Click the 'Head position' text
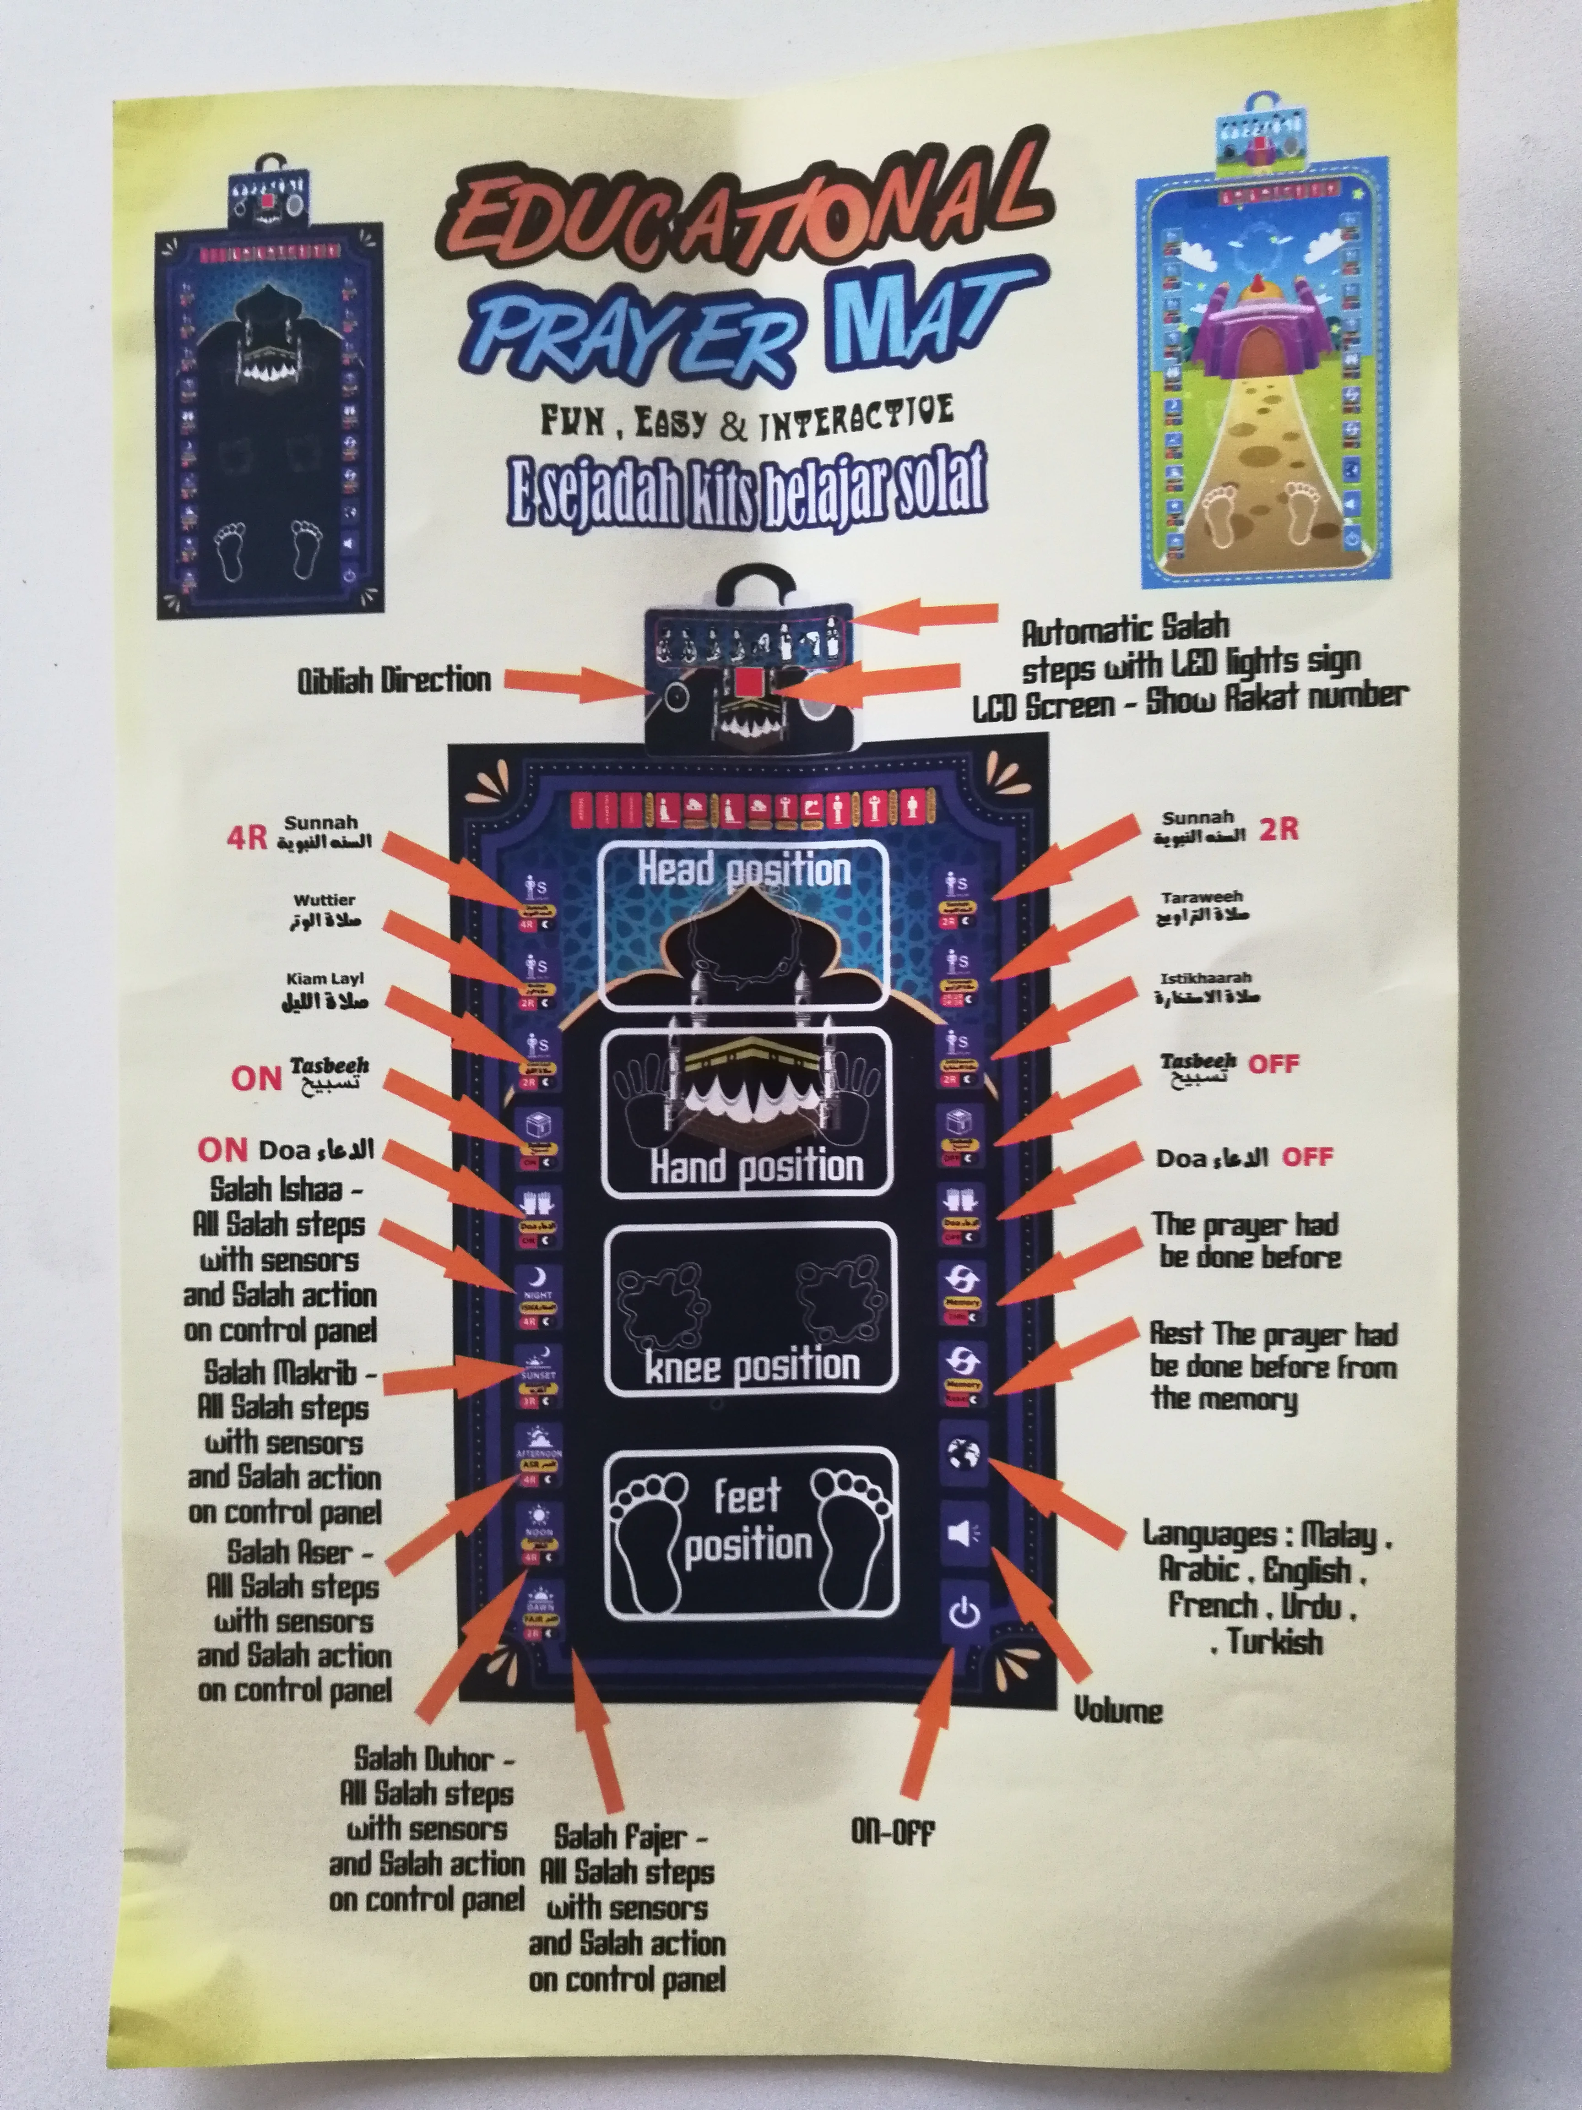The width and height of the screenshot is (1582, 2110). coord(744,870)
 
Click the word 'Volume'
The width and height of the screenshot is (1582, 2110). coord(1117,1709)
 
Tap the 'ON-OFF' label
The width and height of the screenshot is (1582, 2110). coord(892,1833)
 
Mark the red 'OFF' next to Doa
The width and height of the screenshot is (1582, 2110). coord(1306,1157)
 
